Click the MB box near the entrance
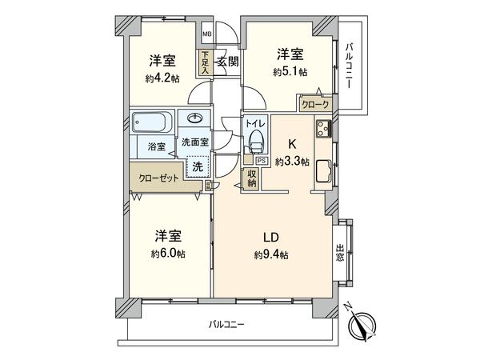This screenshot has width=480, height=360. (x=206, y=34)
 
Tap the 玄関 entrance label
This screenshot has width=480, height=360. (x=227, y=61)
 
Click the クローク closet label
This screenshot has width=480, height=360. (x=315, y=104)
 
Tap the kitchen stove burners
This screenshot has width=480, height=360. (x=323, y=128)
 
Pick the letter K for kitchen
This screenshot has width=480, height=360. (x=292, y=146)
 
